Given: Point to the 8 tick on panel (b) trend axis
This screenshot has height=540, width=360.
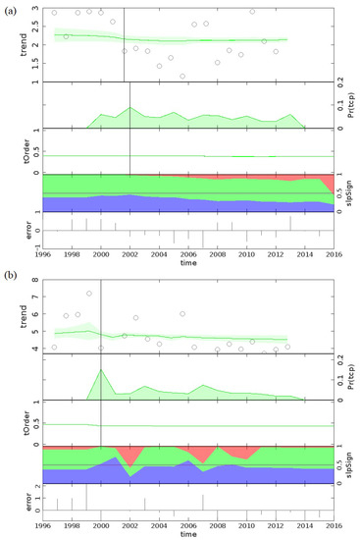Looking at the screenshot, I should click(x=33, y=281).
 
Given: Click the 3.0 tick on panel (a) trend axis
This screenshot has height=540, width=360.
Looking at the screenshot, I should click(x=33, y=9).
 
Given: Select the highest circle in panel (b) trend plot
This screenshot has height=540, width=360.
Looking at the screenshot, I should click(x=89, y=294).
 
